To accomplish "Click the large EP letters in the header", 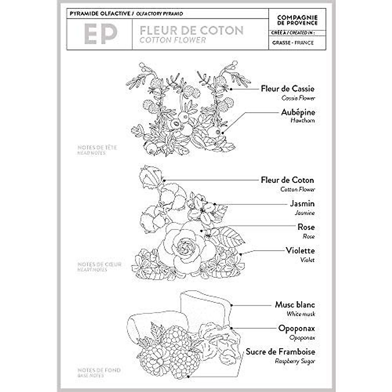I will tap(101, 34).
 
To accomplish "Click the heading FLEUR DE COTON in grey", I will tap(191, 30).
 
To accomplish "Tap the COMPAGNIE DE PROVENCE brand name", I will tap(297, 20).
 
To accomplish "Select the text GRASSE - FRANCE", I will tap(293, 43).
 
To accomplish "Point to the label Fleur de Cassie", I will tap(287, 89).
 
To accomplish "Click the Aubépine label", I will tap(298, 112).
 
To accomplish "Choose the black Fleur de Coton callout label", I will tap(287, 180).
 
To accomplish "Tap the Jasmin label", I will tap(302, 204).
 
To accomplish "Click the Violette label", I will tap(300, 251).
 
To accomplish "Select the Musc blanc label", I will tap(295, 305).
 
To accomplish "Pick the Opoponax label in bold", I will tap(296, 328).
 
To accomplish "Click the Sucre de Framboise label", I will tap(280, 352).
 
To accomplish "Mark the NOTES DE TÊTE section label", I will tap(97, 148).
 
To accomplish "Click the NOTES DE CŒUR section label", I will tap(99, 264).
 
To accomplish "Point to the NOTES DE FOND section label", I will tap(99, 370).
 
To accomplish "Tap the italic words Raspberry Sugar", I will tap(295, 361).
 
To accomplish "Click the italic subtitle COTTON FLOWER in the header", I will tap(172, 40).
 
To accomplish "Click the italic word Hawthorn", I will tap(302, 121).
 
